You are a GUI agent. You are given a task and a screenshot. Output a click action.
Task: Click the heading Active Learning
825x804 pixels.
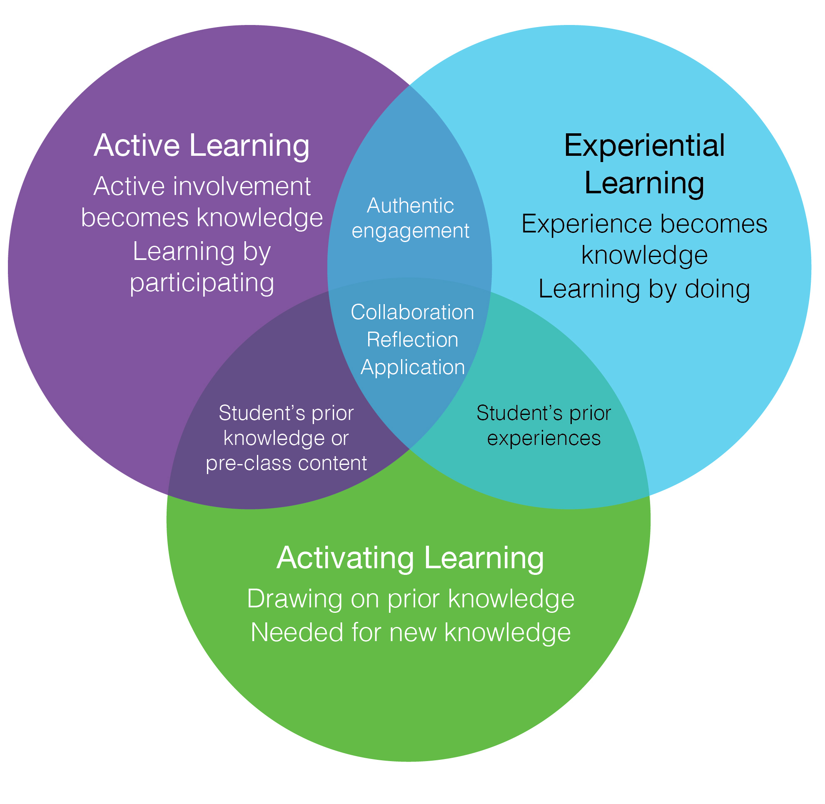click(x=202, y=146)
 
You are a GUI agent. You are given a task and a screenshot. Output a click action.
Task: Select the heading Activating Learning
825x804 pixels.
click(x=410, y=558)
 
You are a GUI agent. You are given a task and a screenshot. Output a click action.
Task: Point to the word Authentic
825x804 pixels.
click(x=410, y=206)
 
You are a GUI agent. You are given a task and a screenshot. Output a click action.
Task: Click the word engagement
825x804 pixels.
click(x=410, y=231)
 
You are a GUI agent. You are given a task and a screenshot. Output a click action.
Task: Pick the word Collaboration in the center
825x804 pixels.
click(x=412, y=312)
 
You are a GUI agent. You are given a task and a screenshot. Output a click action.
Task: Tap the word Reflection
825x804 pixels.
click(x=412, y=340)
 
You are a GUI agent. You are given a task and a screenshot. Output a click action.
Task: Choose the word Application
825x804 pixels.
click(x=412, y=367)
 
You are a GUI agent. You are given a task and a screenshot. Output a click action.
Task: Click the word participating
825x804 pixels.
click(x=202, y=283)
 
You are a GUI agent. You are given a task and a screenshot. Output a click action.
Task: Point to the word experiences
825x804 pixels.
click(x=543, y=438)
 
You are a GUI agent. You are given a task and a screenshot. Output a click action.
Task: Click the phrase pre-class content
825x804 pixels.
click(x=286, y=463)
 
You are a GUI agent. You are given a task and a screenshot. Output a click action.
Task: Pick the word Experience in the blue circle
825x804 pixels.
click(x=587, y=224)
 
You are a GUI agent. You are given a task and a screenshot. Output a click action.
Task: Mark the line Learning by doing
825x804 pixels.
click(x=644, y=290)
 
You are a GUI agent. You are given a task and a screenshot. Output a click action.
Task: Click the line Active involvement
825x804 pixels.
click(x=202, y=187)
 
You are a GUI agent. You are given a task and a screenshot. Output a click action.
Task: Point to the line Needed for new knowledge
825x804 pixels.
click(x=410, y=632)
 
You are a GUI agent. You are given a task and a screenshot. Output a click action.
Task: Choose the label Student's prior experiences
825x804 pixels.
click(x=543, y=426)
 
